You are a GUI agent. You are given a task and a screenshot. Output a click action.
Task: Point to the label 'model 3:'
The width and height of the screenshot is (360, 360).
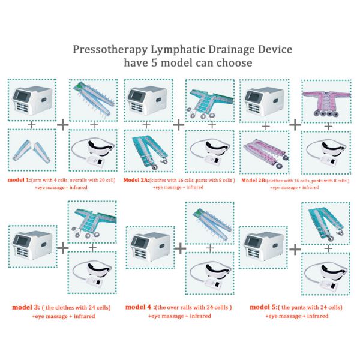26,307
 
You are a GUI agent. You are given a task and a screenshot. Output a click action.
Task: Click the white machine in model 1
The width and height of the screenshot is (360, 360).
32,100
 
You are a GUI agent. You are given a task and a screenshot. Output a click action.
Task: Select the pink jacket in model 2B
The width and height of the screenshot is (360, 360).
328,98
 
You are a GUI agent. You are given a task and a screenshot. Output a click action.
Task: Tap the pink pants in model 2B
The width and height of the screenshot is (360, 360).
265,151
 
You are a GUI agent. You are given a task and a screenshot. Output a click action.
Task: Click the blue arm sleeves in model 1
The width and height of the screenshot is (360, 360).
32,151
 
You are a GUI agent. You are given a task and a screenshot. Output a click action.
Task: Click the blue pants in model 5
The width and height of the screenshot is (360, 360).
328,221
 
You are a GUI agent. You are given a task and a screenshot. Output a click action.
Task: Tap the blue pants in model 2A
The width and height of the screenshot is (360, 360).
149,150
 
